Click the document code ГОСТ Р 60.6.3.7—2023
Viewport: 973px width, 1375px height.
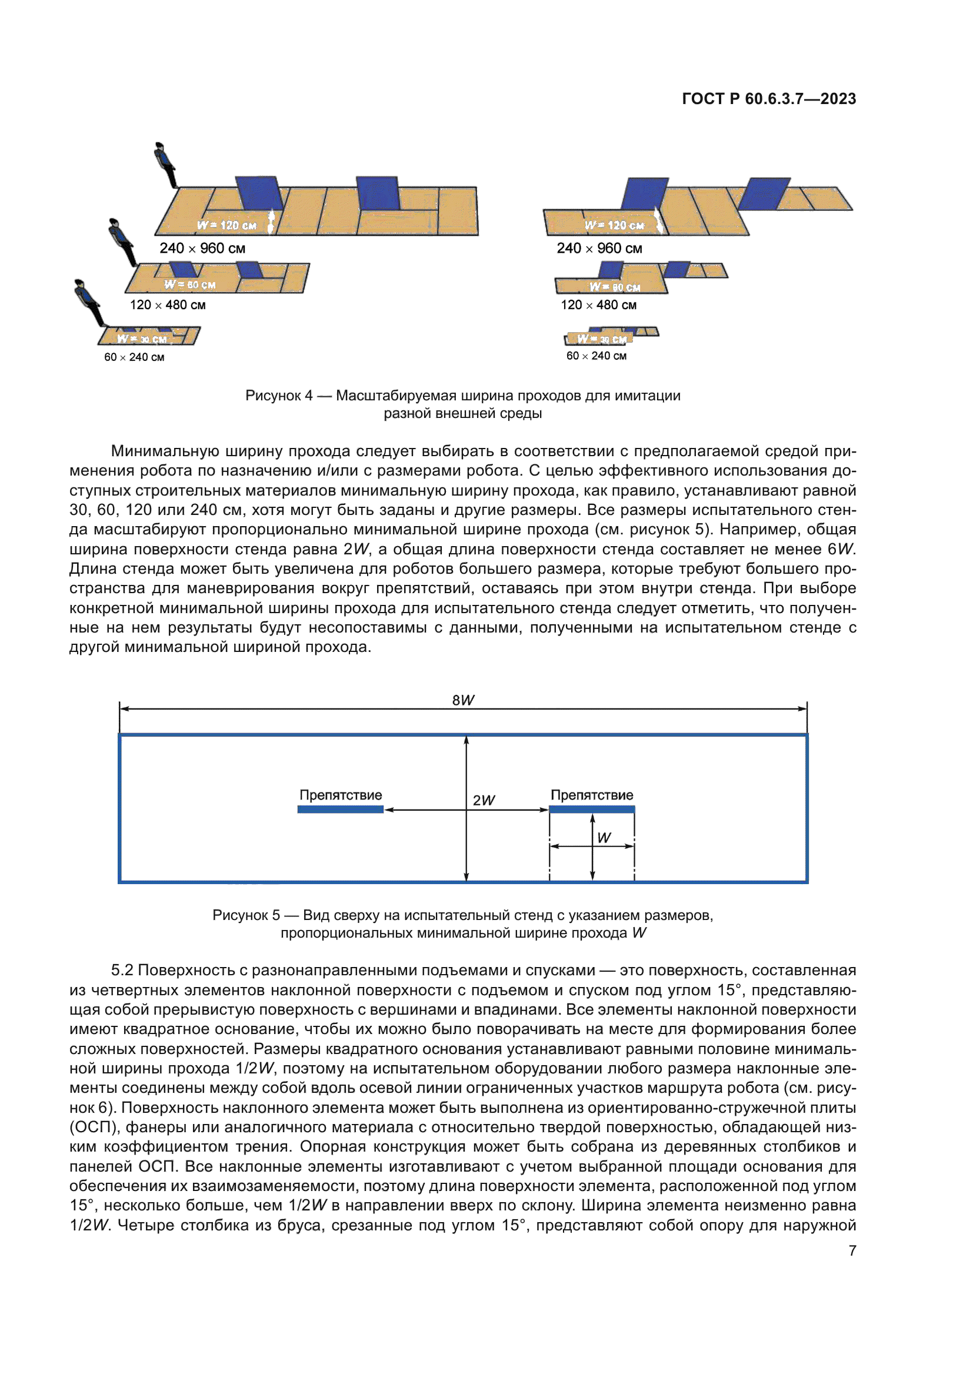click(x=769, y=99)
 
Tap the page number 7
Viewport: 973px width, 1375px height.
click(x=852, y=1250)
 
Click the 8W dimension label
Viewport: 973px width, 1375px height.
click(x=462, y=700)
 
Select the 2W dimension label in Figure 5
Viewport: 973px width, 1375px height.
click(x=484, y=800)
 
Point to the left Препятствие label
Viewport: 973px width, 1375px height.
click(x=340, y=795)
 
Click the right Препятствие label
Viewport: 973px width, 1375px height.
click(x=591, y=795)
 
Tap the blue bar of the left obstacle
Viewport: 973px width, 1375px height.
click(x=340, y=809)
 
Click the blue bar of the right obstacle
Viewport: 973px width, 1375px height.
click(x=591, y=809)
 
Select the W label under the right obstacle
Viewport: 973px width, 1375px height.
click(x=604, y=838)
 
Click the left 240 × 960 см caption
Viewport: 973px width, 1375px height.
click(x=202, y=248)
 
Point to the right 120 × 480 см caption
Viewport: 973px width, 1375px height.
click(x=598, y=305)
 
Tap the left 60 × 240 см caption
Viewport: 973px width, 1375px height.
click(x=134, y=357)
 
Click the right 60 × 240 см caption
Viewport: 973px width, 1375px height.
click(x=596, y=356)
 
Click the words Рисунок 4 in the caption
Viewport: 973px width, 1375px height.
click(x=279, y=395)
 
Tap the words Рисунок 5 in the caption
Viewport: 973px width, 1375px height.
click(x=246, y=915)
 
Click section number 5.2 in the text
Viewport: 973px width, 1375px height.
click(x=122, y=970)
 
